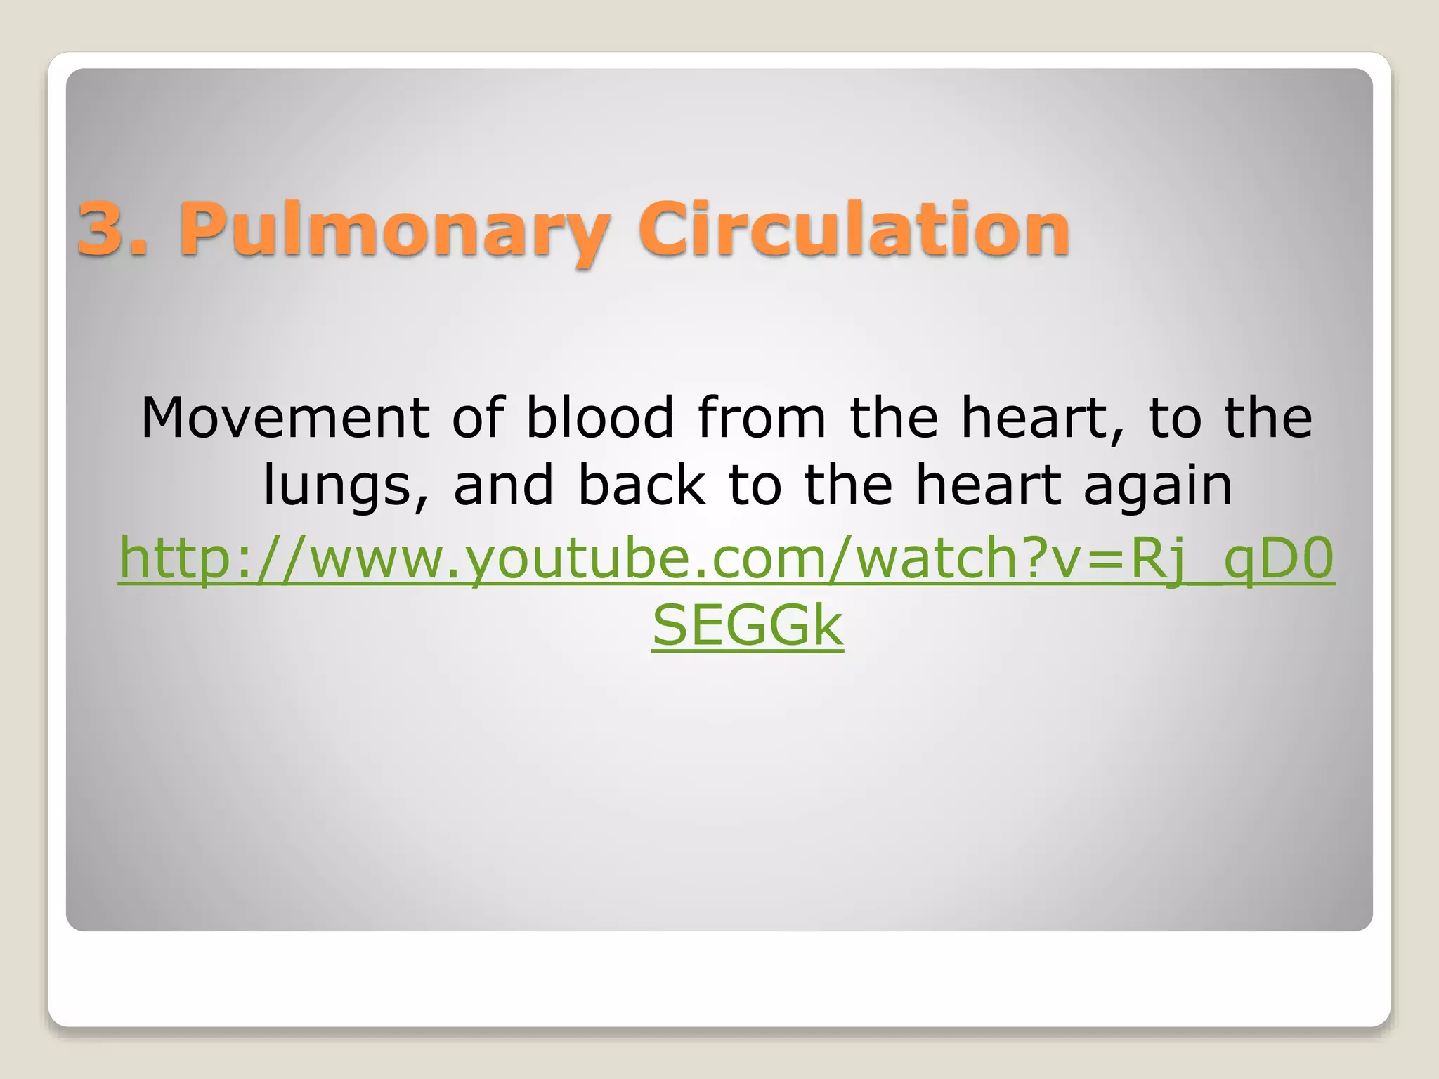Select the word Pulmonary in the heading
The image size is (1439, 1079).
pyautogui.click(x=393, y=230)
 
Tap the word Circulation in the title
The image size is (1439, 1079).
pyautogui.click(x=853, y=229)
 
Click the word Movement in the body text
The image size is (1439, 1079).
pyautogui.click(x=285, y=418)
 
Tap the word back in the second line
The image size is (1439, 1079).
pyautogui.click(x=642, y=485)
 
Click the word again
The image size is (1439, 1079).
pyautogui.click(x=1158, y=487)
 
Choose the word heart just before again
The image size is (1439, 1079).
pyautogui.click(x=988, y=485)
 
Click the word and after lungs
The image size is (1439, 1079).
pyautogui.click(x=503, y=485)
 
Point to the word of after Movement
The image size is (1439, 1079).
pyautogui.click(x=478, y=418)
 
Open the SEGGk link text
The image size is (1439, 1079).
pyautogui.click(x=747, y=625)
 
